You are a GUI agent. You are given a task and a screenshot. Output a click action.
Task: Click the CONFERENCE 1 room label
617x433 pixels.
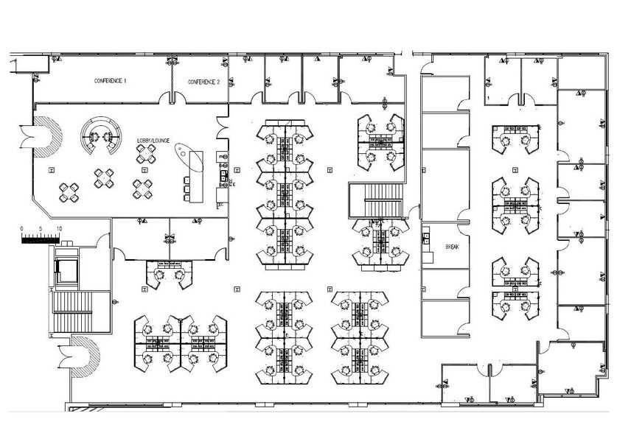coord(110,80)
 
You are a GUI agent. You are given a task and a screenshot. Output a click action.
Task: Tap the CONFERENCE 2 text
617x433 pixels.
coord(203,82)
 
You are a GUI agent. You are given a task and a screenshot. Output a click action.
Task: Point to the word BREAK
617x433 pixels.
coord(451,247)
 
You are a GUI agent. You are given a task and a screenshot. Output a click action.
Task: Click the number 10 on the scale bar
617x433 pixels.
coord(58,228)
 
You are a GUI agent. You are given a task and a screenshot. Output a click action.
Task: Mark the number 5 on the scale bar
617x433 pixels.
coord(41,228)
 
